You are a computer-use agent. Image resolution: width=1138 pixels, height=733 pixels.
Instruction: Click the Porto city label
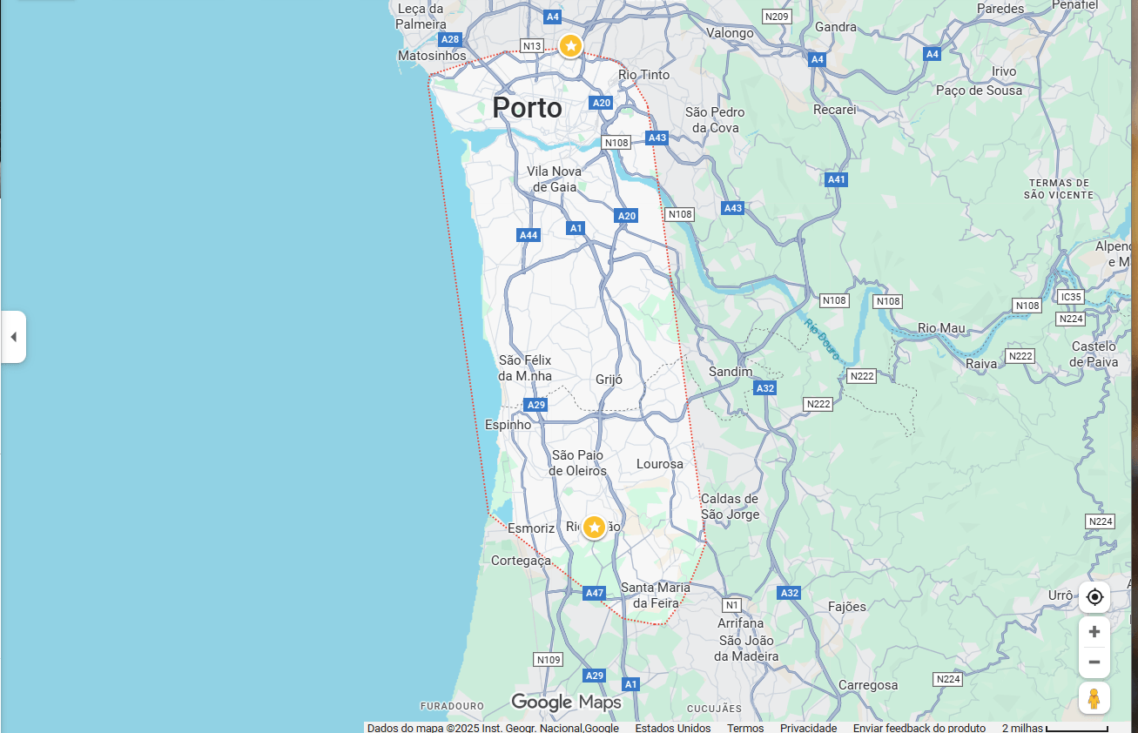pos(527,108)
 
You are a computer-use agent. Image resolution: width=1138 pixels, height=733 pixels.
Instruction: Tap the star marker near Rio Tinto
pos(570,45)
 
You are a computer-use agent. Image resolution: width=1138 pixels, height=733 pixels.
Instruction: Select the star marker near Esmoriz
pos(594,527)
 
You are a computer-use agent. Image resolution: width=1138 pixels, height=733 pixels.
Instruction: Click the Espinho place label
pos(508,425)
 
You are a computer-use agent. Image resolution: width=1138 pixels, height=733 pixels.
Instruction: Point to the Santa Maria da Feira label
pos(656,595)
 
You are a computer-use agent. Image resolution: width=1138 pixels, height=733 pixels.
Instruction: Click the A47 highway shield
pos(594,593)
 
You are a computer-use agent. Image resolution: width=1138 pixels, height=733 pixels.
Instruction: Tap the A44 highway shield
pos(529,235)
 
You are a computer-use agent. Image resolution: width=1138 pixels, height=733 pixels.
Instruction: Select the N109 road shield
pos(549,660)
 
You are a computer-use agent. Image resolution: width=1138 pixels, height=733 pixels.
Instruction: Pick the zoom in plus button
pos(1094,632)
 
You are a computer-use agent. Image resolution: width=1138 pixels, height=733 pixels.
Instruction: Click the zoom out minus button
pos(1094,662)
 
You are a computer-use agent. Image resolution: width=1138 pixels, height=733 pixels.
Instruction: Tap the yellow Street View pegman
pos(1094,698)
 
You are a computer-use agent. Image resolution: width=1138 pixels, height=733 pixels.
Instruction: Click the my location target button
pos(1094,597)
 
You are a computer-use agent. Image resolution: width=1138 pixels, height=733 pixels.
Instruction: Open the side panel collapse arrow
pos(13,337)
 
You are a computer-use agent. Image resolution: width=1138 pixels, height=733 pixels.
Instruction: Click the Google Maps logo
pos(566,703)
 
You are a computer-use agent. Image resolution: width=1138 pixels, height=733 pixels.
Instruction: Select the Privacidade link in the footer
pos(808,728)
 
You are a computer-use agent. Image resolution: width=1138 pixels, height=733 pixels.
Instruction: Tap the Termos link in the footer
pos(745,728)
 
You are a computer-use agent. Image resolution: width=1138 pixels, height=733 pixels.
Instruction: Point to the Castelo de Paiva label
pos(1094,354)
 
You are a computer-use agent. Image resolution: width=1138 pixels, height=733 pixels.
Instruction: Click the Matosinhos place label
pos(432,56)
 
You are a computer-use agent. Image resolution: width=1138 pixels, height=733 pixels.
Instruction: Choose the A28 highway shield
pos(449,39)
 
